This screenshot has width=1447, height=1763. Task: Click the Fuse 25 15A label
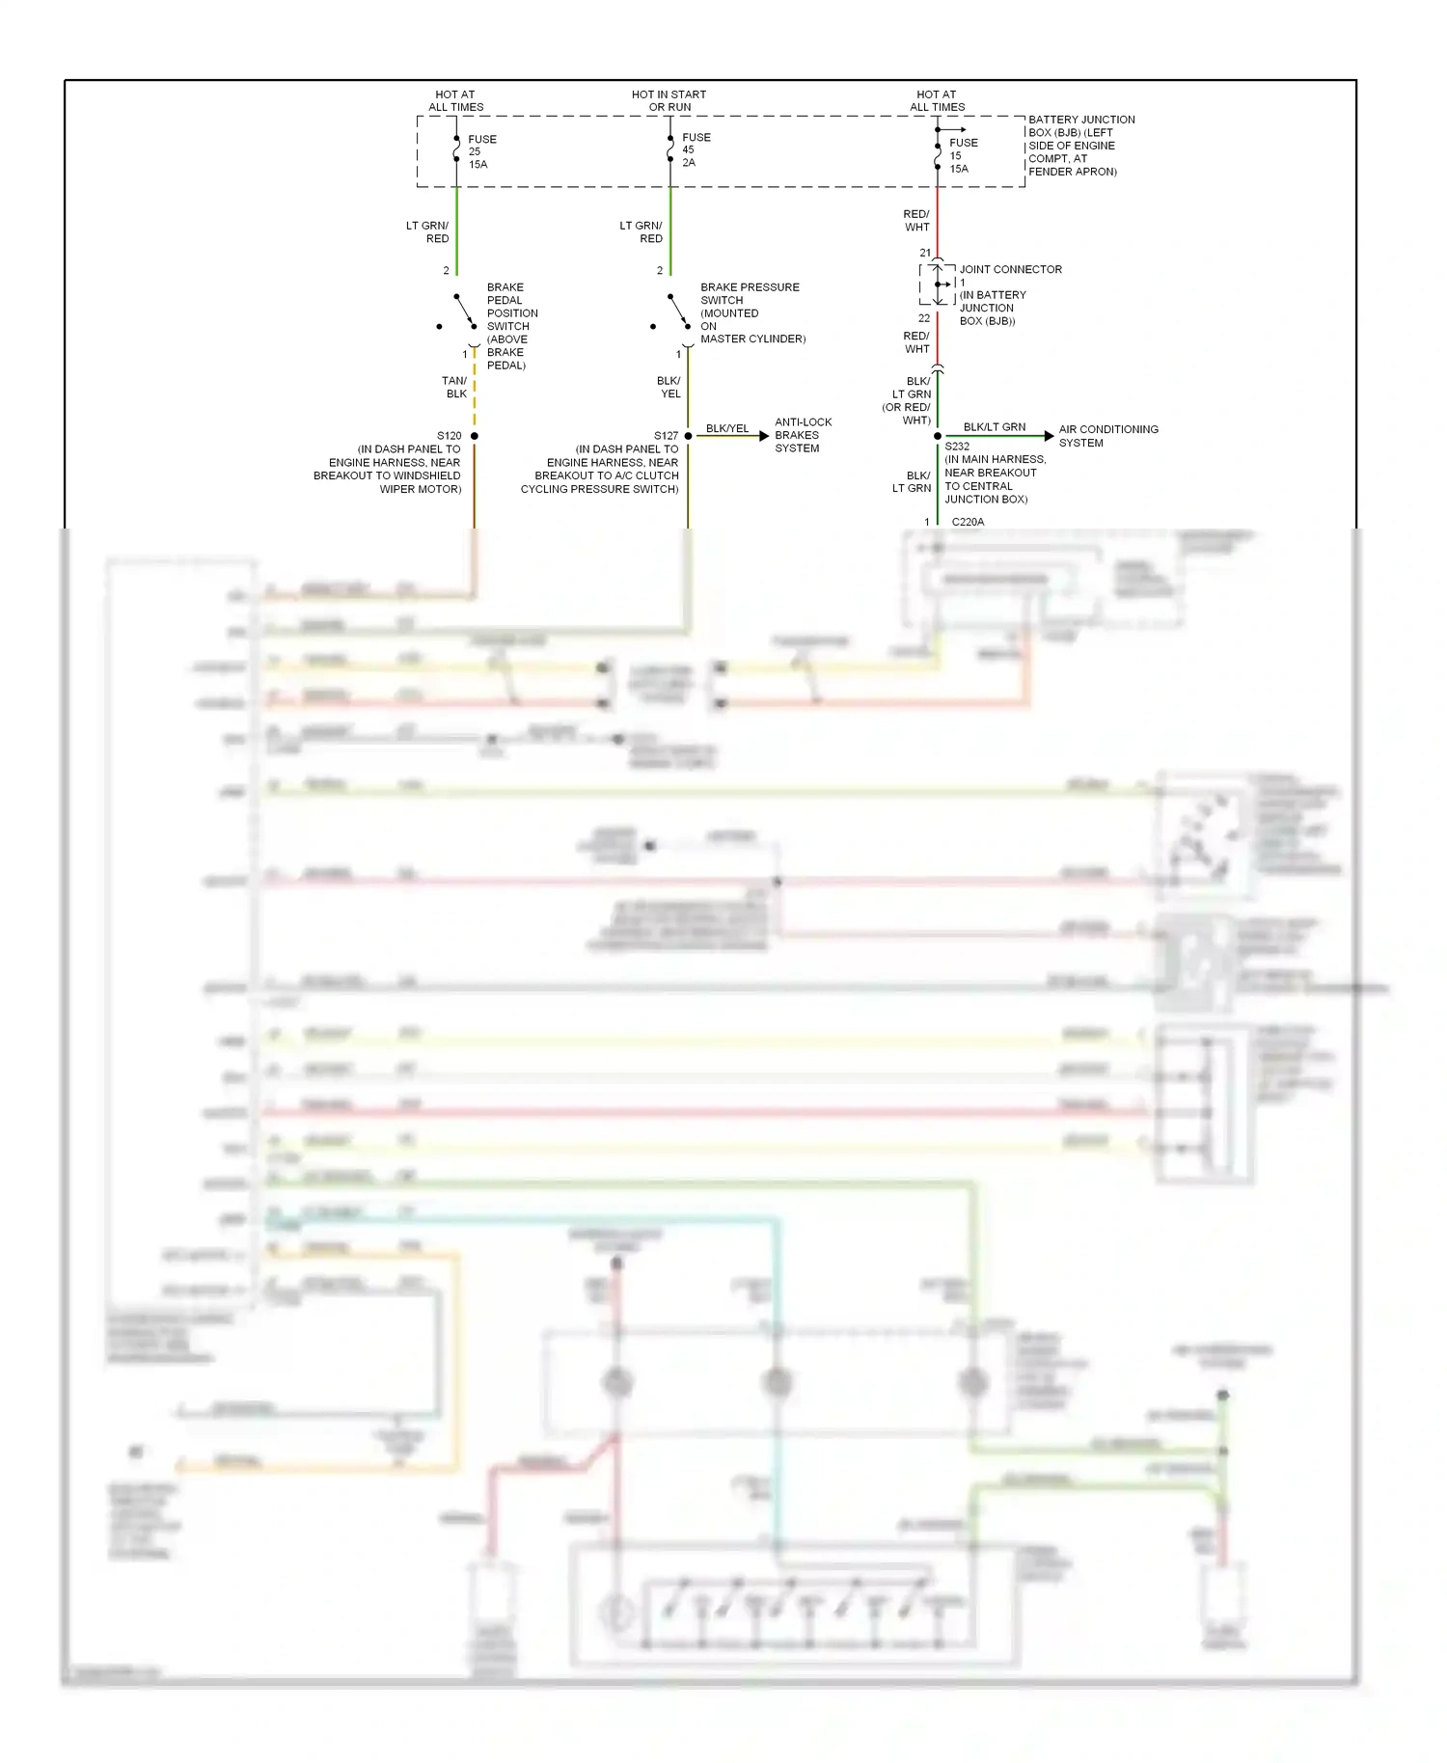481,151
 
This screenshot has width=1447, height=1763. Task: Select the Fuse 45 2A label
696,149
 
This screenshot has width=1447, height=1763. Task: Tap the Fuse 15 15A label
963,155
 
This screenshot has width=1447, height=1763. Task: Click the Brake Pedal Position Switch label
511,326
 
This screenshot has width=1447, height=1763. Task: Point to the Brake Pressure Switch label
751,312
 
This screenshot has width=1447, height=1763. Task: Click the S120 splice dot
475,436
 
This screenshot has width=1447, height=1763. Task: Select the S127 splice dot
688,436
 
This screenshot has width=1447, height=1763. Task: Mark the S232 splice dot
938,436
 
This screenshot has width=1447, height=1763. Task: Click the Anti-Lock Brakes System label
803,435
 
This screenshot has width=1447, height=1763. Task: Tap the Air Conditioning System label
1107,436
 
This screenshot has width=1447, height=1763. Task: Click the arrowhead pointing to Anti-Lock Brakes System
764,436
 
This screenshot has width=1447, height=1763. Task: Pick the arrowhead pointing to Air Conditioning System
1049,436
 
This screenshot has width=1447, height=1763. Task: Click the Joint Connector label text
1010,270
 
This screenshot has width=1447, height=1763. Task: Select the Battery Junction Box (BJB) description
1079,146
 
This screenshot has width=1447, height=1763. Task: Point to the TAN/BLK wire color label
454,387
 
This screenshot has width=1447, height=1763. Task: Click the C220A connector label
968,522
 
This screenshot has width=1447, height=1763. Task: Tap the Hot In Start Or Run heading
669,100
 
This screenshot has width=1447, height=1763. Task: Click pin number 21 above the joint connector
925,253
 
